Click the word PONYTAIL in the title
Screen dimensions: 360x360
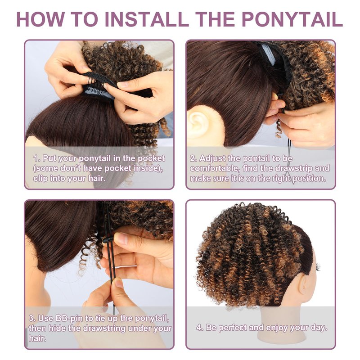coord(292,19)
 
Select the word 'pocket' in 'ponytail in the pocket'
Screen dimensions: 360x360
coord(151,158)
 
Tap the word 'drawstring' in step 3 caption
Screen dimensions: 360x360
coord(104,328)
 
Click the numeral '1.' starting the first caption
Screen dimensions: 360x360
coord(37,158)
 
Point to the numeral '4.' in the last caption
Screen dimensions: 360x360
coord(200,328)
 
